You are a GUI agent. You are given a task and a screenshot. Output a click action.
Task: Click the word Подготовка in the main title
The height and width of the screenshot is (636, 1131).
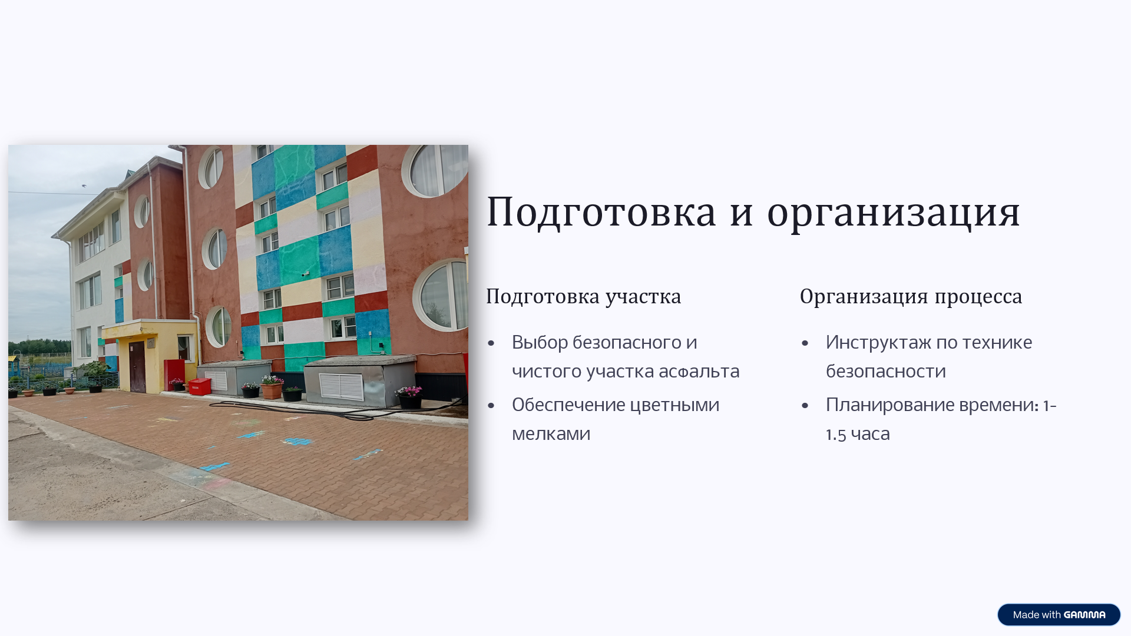601,212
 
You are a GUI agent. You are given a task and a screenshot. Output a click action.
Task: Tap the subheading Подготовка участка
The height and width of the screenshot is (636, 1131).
583,296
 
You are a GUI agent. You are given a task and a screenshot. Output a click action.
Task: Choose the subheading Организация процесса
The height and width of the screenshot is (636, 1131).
911,296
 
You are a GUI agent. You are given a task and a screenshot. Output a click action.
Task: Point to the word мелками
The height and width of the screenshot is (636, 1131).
551,434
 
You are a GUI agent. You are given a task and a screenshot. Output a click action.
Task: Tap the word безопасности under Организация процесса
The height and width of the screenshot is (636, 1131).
885,372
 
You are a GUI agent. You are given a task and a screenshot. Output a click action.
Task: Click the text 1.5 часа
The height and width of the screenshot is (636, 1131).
858,434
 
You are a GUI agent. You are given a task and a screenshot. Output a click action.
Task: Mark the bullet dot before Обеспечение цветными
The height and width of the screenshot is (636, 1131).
491,406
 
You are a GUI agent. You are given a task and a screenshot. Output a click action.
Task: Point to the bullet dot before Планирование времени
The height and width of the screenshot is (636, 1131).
805,406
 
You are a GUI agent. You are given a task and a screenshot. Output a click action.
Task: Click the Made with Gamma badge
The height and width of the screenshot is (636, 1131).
1059,615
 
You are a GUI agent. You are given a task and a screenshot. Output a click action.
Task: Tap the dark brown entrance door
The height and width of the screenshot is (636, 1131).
137,366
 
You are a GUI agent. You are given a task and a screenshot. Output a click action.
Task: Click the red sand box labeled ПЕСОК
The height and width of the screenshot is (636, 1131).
199,387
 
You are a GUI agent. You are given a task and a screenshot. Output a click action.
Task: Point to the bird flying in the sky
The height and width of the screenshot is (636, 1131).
84,186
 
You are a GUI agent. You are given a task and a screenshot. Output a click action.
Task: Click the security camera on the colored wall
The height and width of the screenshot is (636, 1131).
305,273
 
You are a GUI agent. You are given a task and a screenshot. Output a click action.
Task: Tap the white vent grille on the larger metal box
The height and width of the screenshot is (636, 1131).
341,386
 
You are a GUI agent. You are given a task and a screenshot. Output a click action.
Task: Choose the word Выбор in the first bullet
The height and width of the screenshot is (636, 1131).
539,343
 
